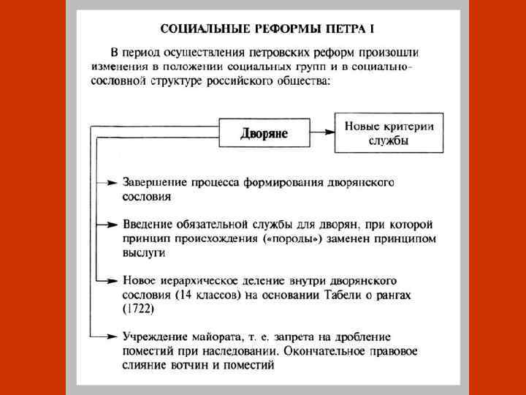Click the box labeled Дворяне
[264, 133]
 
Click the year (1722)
[139, 309]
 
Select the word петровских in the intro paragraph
[275, 53]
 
